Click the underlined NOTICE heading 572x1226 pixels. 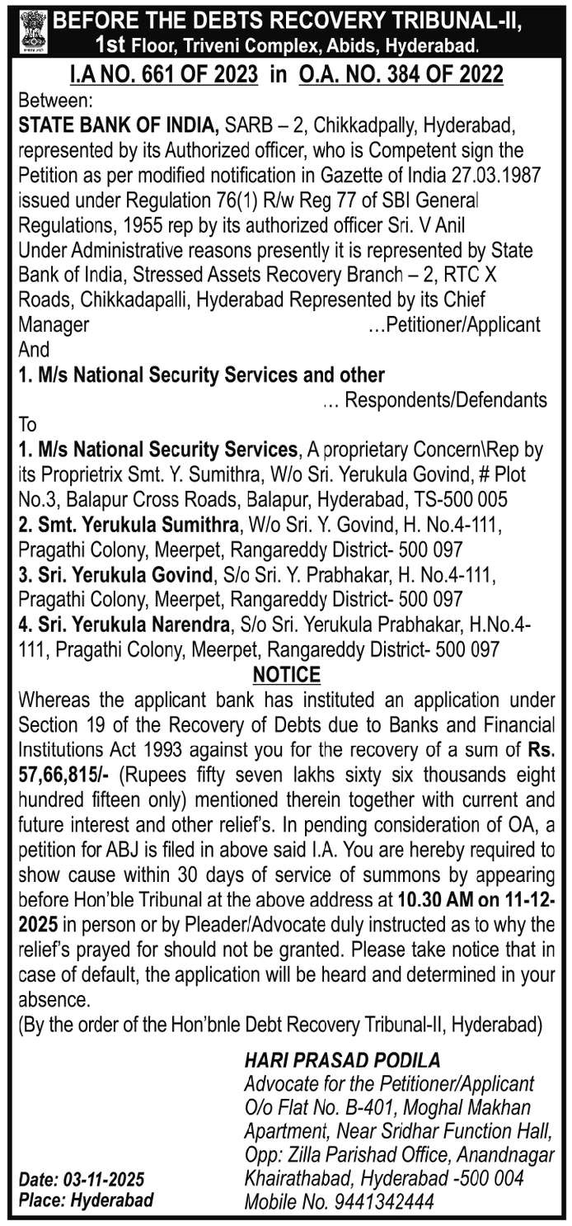tap(286, 674)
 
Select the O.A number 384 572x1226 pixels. tap(398, 75)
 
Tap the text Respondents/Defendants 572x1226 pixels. tap(445, 400)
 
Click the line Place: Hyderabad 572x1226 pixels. tap(86, 1200)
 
